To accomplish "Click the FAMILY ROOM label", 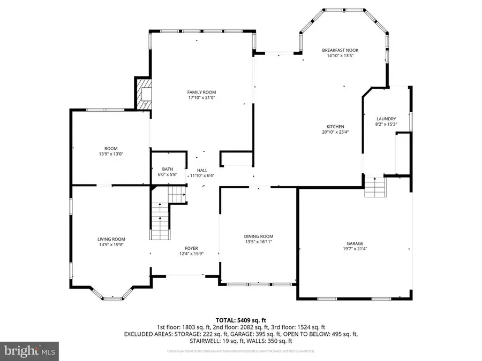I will pos(202,92).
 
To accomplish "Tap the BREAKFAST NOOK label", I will pos(340,50).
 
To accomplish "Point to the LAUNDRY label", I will pos(386,119).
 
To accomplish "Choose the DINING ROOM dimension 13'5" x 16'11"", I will pos(259,242).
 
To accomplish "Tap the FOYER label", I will pos(191,248).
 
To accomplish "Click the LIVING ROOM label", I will pos(111,239).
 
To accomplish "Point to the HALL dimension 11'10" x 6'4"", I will pos(202,175).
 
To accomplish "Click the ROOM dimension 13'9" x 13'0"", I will pos(111,154).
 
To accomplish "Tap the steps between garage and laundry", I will pos(375,188).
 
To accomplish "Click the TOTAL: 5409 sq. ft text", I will pos(240,320).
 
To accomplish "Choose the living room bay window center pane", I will pos(112,297).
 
